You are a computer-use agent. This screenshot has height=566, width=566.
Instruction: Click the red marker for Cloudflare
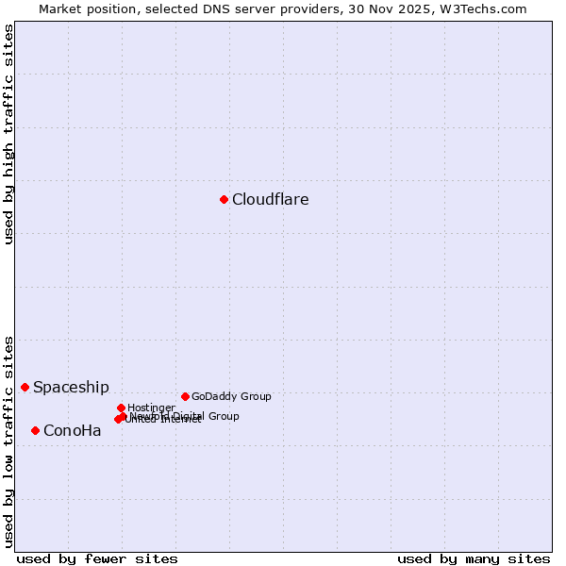(224, 199)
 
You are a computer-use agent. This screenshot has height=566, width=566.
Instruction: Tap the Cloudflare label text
(270, 199)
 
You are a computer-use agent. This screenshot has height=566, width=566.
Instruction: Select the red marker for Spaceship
(25, 387)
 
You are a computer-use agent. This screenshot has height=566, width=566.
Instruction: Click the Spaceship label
(71, 387)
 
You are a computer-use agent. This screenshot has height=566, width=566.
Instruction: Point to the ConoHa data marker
(35, 430)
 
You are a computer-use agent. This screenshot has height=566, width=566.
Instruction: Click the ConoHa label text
(72, 431)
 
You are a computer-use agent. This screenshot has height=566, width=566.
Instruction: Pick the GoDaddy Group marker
(185, 396)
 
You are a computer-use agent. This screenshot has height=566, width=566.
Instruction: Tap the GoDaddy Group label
(231, 396)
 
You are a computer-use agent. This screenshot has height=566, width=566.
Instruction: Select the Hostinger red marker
(121, 408)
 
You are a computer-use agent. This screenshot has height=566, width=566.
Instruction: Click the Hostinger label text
(151, 408)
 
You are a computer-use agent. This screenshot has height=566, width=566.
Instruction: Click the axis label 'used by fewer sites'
(97, 558)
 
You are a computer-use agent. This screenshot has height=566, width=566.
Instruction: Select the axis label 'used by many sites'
(474, 558)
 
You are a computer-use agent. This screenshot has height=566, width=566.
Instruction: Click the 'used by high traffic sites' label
(8, 134)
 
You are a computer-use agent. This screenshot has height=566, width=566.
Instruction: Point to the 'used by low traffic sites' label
(8, 441)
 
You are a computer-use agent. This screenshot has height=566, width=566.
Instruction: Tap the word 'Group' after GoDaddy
(255, 396)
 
